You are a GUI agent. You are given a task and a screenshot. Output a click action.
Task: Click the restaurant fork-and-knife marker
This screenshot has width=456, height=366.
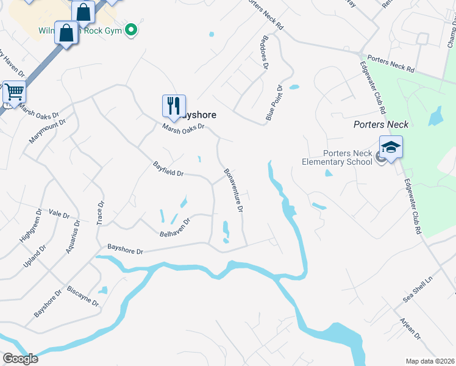174,106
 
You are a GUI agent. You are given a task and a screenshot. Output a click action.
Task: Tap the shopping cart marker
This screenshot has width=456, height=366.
15,92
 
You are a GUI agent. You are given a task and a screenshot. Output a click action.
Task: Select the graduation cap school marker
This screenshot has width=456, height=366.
391,147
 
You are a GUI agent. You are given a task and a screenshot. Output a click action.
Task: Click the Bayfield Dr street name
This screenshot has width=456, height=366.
168,169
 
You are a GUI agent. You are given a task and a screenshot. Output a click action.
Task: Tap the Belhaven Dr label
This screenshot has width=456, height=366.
175,226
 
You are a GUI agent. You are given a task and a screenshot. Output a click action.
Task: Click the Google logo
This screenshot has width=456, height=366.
20,358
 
